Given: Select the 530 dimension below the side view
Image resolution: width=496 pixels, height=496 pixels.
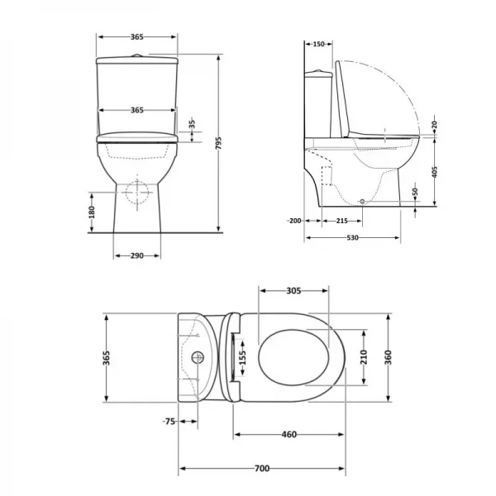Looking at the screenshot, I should pos(353,238).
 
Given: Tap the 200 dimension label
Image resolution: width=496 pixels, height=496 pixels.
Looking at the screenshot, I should pos(295,221).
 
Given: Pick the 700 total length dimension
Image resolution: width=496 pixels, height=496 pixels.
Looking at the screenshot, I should pos(261,469).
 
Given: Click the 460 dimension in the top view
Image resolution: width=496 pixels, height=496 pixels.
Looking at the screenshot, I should pos(289,434).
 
